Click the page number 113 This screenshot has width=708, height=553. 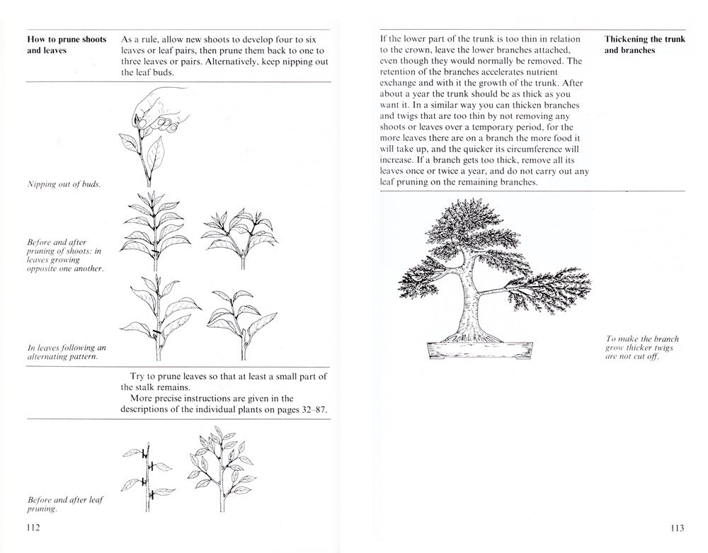(x=675, y=528)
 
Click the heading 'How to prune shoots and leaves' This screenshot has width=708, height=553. (x=67, y=45)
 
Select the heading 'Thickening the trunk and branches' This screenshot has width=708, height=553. (x=644, y=45)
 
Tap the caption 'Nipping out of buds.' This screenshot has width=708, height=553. (x=63, y=186)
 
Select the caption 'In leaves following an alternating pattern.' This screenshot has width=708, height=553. (x=66, y=352)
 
